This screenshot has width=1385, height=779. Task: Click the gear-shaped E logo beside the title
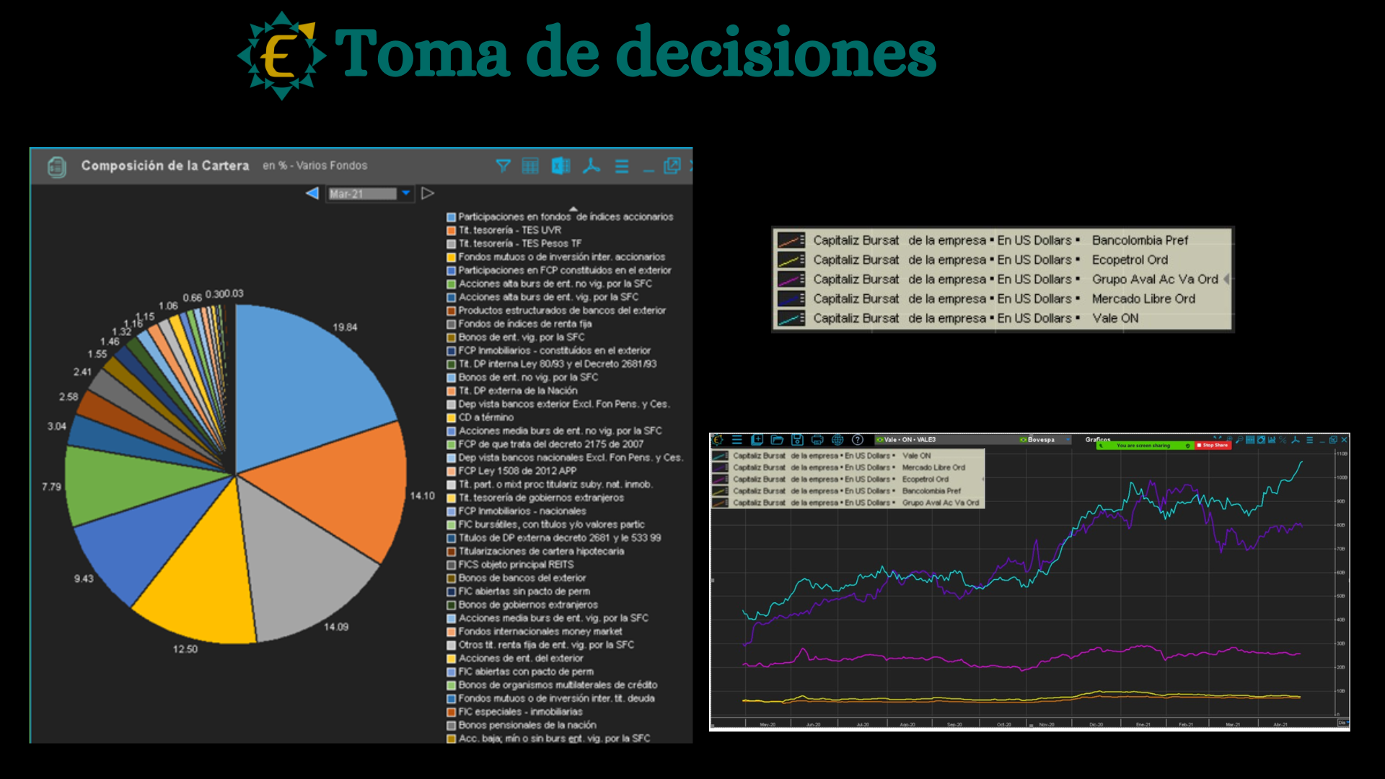tap(281, 56)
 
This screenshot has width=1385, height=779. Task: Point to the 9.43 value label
tap(84, 578)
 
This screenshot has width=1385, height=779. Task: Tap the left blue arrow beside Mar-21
tap(312, 193)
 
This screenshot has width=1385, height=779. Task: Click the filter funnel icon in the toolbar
tap(503, 166)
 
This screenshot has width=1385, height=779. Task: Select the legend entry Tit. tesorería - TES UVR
tap(509, 230)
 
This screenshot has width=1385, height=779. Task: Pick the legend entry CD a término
tap(485, 418)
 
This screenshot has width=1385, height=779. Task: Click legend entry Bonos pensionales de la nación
tap(527, 725)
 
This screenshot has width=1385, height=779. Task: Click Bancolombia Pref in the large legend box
tap(1140, 240)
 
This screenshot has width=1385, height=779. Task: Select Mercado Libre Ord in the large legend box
tap(1143, 299)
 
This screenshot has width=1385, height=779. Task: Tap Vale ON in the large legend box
tap(1115, 318)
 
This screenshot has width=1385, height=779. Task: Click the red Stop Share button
tap(1213, 445)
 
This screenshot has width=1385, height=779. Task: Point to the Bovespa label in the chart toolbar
tap(1040, 439)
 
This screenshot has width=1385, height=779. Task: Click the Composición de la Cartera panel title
tap(165, 166)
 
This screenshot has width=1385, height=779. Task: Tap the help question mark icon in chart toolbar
tap(857, 439)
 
